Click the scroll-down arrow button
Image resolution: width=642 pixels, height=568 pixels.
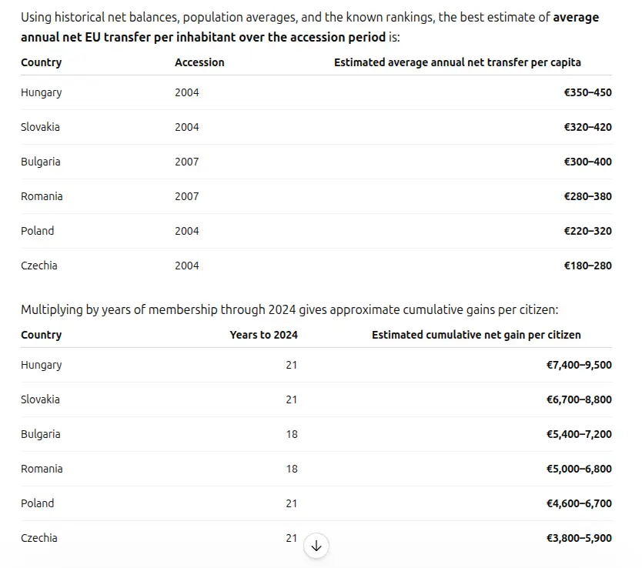point(316,546)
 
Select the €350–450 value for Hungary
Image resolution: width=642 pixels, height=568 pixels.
point(587,92)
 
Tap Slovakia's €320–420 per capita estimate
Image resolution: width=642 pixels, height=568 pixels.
point(587,127)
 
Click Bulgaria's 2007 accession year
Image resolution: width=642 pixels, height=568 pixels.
point(187,162)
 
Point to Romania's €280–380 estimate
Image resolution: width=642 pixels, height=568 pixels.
point(587,196)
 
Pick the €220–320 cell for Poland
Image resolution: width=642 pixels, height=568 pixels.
point(587,231)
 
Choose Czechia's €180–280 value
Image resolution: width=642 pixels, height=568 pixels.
point(587,266)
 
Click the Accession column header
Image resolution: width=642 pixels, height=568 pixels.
point(199,62)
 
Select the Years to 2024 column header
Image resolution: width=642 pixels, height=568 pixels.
point(264,335)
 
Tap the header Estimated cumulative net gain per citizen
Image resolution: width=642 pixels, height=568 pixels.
point(476,335)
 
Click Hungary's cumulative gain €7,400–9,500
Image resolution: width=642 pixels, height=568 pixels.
point(579,365)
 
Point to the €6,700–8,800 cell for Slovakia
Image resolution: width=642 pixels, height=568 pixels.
point(579,399)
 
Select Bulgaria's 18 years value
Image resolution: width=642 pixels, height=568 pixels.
point(292,434)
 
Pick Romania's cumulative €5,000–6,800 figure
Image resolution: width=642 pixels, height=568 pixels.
point(579,469)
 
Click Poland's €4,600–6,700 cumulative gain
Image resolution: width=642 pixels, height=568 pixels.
point(579,504)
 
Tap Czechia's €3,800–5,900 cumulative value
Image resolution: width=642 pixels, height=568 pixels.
point(579,538)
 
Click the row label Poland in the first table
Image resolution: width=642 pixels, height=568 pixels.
point(37,231)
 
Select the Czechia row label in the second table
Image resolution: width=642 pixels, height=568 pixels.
point(39,538)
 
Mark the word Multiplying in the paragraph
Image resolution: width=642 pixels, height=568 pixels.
point(52,309)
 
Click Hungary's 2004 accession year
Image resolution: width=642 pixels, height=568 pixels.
point(187,92)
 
